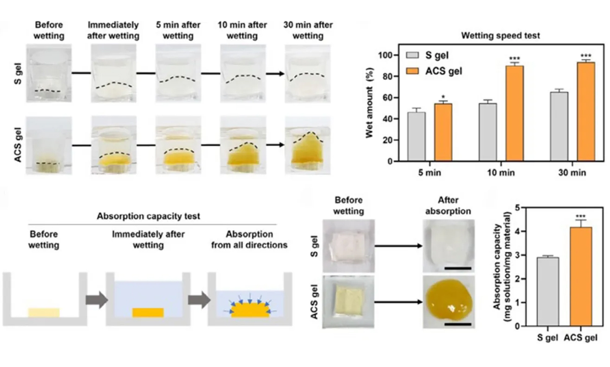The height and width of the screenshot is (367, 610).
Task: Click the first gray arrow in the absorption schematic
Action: pyautogui.click(x=96, y=300)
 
